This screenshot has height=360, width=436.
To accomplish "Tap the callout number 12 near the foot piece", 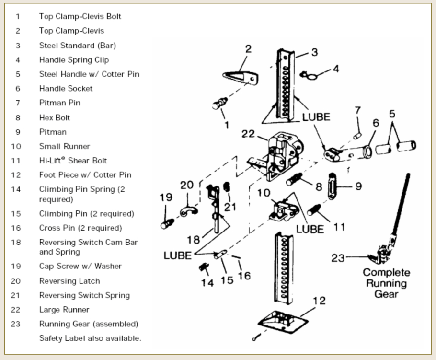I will point(319,301).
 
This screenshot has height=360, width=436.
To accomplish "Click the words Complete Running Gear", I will point(387,283).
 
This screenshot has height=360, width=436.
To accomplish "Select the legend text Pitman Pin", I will point(60,103).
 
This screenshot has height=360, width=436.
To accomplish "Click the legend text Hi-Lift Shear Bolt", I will point(73,161).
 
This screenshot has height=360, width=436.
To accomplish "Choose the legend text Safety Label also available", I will point(90,338).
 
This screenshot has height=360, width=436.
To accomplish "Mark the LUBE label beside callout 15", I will point(178,255).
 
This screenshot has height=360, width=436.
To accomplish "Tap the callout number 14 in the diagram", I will point(207,283).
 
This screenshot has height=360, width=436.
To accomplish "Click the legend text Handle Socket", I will point(66,89).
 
